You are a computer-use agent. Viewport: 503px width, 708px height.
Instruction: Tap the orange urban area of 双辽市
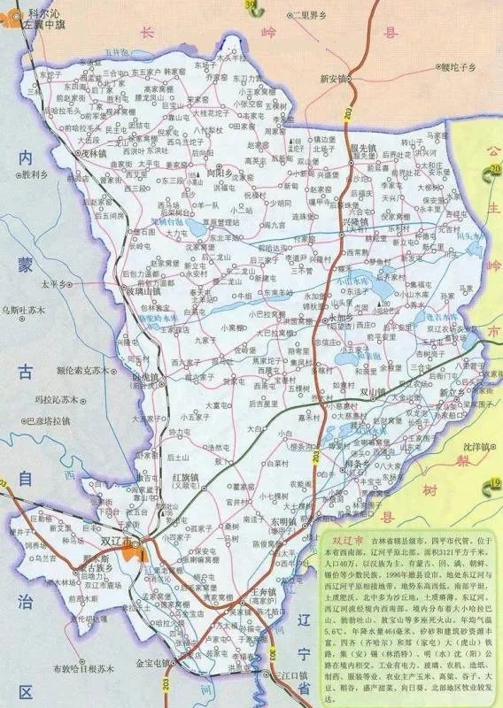(x=137, y=551)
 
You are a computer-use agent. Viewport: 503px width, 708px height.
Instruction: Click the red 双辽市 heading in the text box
(x=339, y=537)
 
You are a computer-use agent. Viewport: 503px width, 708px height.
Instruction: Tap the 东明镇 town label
(x=283, y=521)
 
